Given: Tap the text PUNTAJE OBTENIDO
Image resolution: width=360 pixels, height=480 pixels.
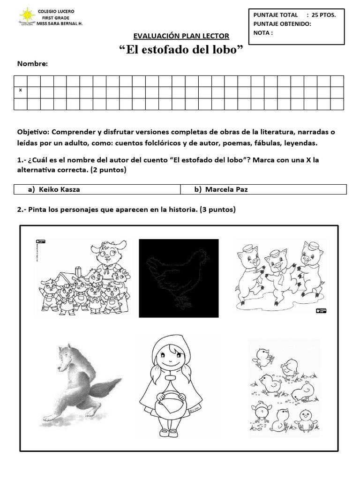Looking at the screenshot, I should [x=282, y=24].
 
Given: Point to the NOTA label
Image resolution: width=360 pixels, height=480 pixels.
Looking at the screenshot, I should [x=262, y=33].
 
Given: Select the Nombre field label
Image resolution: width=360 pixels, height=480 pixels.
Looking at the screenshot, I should [x=32, y=64].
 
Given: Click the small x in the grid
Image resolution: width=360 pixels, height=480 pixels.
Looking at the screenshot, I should [x=20, y=90].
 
